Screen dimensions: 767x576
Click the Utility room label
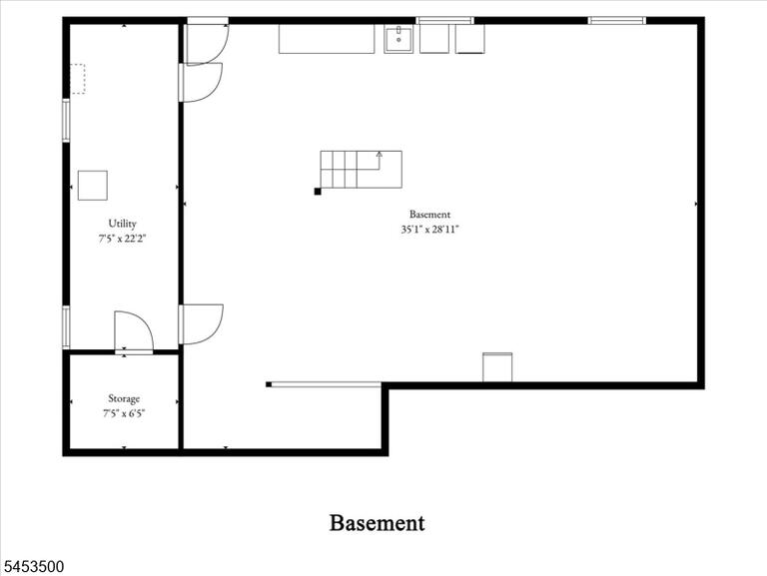tap(122, 224)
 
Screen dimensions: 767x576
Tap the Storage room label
tap(124, 398)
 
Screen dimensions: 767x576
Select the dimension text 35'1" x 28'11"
tap(429, 230)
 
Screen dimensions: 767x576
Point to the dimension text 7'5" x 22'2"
tap(122, 239)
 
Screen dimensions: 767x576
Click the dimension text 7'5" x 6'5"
tap(124, 413)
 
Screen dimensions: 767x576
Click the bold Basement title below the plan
tap(378, 523)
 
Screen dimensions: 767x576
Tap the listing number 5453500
tap(32, 567)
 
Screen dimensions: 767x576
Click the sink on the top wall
tap(398, 39)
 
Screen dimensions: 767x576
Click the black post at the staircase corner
tap(318, 192)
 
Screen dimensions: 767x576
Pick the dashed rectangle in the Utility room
tap(78, 79)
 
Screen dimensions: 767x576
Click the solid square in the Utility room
tap(93, 186)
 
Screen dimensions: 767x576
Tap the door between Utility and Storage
tap(134, 331)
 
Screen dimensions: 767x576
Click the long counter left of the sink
tap(327, 39)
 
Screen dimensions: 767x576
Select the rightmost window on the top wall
tap(617, 21)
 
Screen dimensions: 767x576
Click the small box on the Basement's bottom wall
tap(497, 367)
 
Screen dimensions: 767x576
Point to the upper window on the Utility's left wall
tap(66, 120)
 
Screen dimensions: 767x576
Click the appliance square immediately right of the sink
tap(433, 39)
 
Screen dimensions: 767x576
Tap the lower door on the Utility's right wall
tap(201, 324)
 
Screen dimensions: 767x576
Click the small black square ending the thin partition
tap(269, 384)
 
